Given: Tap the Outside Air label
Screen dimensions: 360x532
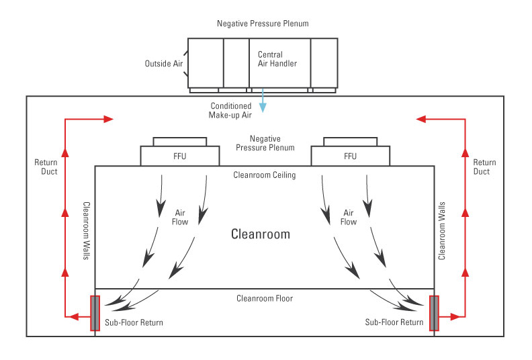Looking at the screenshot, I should click(163, 64).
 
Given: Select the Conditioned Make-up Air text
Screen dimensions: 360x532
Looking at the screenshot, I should click(230, 110).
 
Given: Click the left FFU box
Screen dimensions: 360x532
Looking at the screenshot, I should click(179, 156).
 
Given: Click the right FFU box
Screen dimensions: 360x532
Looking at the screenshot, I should click(350, 156).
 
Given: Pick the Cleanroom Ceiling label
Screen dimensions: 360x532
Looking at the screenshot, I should click(264, 175).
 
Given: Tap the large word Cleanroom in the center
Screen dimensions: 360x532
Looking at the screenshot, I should click(261, 234).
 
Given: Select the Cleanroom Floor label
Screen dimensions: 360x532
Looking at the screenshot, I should click(265, 298).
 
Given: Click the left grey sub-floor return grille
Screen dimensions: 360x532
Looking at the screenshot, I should click(95, 313).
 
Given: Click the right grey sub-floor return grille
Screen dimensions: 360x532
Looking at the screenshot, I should click(434, 313).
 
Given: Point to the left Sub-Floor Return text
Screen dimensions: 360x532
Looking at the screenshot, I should click(134, 323).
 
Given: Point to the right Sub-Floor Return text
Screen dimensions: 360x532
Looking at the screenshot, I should click(394, 323).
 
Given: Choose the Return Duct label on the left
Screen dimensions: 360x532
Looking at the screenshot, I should click(46, 167).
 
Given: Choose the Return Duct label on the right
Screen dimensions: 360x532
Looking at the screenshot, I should click(484, 167).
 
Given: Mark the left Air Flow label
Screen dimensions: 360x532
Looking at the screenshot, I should click(179, 216).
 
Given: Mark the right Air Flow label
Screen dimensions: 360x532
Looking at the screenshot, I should click(349, 216).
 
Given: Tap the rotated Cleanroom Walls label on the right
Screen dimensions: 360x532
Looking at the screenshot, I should click(441, 230).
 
